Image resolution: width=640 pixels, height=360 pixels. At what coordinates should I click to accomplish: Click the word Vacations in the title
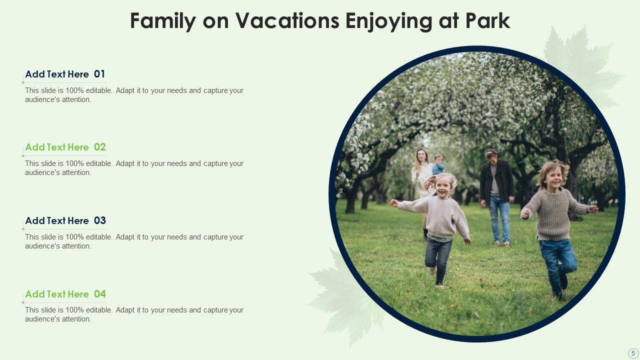[x=287, y=21]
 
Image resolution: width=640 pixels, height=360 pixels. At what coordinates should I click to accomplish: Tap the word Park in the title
[x=487, y=21]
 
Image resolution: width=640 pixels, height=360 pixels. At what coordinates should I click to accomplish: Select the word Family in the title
[x=163, y=21]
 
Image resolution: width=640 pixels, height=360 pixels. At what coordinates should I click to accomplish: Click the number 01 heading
[x=99, y=74]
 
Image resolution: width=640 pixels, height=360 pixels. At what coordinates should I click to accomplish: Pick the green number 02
[x=99, y=147]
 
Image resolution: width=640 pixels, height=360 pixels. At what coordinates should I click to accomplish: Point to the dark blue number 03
[x=99, y=220]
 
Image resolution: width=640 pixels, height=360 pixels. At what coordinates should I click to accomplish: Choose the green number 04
[x=99, y=294]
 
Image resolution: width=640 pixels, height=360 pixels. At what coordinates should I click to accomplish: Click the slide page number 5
[x=633, y=353]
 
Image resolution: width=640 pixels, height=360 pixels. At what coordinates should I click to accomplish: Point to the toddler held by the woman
[x=438, y=165]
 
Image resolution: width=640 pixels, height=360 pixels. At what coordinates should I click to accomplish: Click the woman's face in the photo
[x=421, y=155]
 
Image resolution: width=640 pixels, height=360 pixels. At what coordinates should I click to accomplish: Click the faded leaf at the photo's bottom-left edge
[x=343, y=297]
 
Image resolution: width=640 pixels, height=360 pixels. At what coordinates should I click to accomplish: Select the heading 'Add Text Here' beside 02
[x=57, y=147]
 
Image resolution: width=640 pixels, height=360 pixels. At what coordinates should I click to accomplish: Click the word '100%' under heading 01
[x=74, y=90]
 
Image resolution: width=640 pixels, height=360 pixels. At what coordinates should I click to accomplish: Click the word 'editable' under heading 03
[x=99, y=237]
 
